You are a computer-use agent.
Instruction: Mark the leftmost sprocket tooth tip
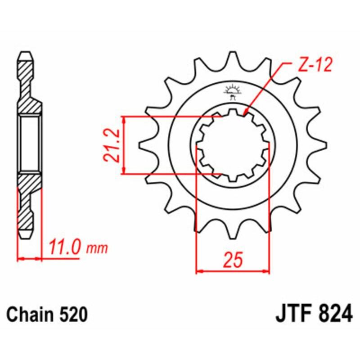point(140,145)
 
